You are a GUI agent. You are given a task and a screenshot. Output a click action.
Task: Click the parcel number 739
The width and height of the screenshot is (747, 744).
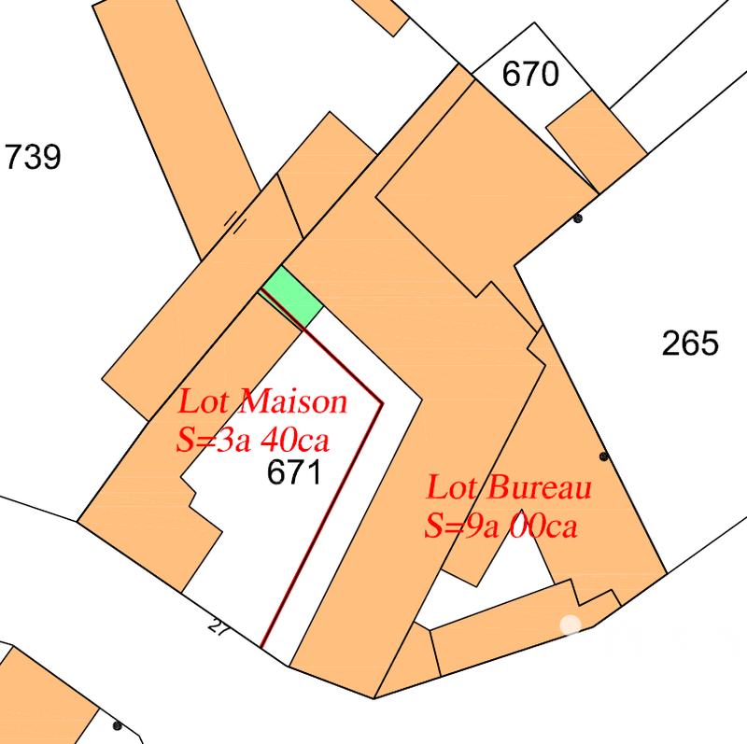pos(33,157)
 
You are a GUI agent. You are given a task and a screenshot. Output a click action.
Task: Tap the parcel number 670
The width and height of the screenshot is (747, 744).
pos(530,73)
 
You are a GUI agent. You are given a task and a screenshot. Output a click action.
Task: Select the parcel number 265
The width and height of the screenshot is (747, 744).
pos(690,344)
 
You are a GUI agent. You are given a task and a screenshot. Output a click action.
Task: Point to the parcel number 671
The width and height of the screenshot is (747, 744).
pos(293,472)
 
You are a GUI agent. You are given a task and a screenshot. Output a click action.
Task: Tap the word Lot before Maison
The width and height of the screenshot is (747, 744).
pos(205,403)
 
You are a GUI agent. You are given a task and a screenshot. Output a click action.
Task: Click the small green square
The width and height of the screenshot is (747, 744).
pos(291,295)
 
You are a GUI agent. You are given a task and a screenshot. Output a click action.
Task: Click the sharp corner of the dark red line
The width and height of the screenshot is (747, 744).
pos(383,404)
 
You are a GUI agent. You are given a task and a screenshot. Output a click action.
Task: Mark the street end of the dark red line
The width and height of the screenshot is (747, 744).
pos(262,646)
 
